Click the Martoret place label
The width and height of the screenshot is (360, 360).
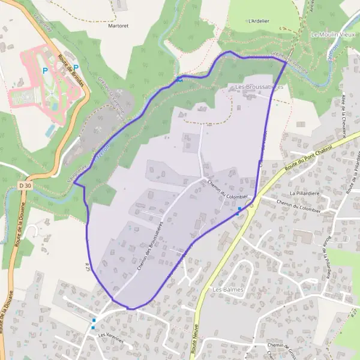point(118,26)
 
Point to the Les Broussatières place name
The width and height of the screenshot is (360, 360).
point(262,87)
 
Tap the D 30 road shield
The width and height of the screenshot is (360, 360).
point(24,186)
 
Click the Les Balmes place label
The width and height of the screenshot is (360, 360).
point(226,289)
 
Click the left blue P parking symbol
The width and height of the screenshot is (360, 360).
point(44,70)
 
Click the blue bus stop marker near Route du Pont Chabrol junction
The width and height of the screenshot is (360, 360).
point(239,209)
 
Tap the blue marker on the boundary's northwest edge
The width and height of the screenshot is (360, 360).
point(179,79)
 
